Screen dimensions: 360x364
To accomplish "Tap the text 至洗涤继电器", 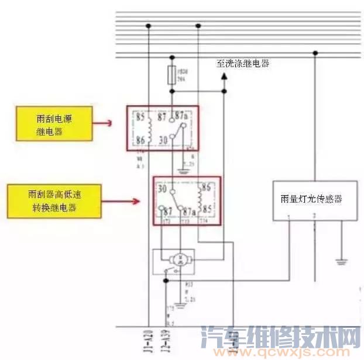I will [x=243, y=64].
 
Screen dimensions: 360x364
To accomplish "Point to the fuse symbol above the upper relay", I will [x=171, y=75].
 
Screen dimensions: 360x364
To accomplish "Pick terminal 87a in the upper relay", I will [x=182, y=116].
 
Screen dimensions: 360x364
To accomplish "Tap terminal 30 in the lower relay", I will [x=163, y=189].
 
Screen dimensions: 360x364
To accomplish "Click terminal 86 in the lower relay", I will [x=205, y=189].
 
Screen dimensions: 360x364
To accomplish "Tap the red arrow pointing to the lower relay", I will [x=137, y=201].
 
